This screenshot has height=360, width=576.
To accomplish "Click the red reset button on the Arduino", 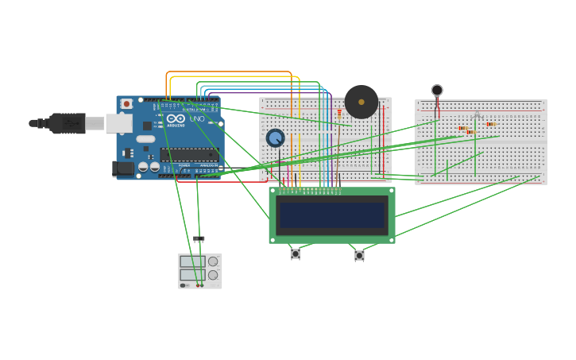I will tap(126, 104).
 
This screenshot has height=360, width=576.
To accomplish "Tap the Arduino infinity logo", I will tap(176, 118).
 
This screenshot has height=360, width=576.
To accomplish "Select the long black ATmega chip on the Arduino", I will tap(188, 154).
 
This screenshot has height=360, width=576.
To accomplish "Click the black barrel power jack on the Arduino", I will tap(123, 168).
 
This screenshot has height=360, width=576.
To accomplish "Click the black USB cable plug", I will tap(67, 123).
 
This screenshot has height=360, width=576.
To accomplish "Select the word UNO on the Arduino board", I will tap(197, 119).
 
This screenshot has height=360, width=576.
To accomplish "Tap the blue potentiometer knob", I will tap(275, 138).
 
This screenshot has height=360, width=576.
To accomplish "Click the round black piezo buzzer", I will tap(361, 102).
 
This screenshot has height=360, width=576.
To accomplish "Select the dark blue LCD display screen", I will tap(332, 215).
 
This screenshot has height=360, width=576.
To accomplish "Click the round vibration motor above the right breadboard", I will tap(437, 91).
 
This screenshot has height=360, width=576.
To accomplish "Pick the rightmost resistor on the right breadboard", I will tap(490, 124).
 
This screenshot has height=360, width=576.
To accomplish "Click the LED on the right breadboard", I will tap(476, 116).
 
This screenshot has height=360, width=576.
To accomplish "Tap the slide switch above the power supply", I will tap(199, 238).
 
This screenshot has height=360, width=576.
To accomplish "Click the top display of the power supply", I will tap(192, 261).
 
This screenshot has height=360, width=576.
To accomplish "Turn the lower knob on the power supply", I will tap(213, 275).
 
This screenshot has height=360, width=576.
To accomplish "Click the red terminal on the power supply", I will tap(198, 285).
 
